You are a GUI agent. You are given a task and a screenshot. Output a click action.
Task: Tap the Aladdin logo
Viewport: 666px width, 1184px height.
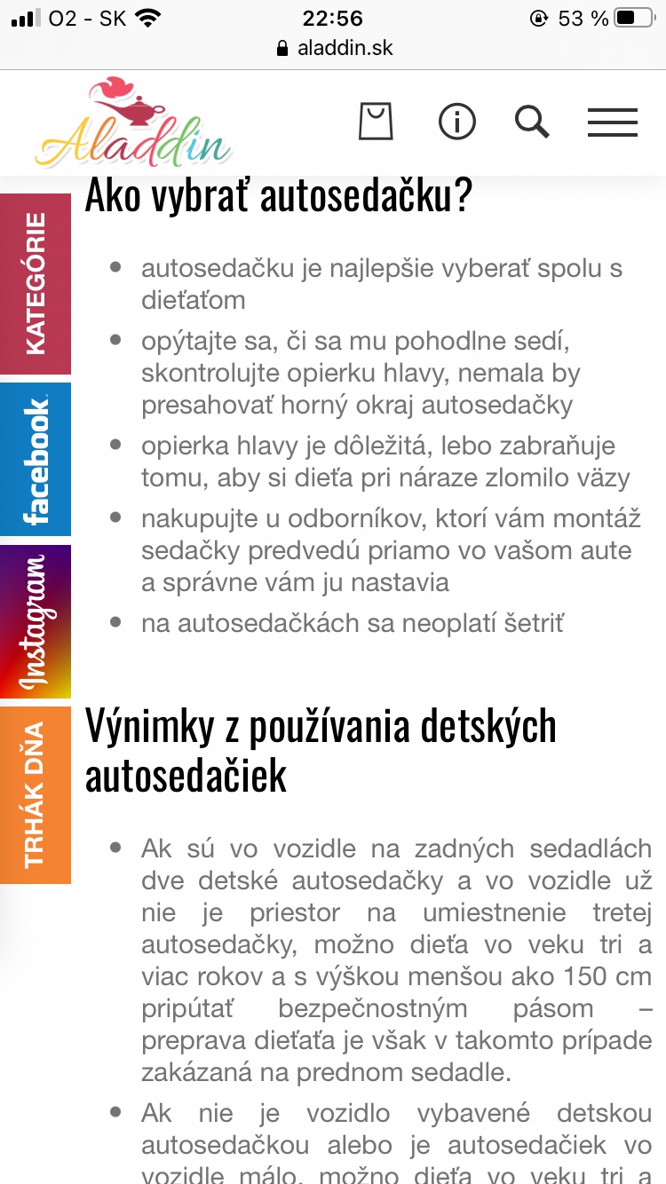(x=133, y=124)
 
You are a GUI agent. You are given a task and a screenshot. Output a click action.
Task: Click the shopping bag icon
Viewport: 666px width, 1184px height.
(x=376, y=122)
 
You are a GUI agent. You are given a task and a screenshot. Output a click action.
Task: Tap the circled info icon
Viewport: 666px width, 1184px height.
(x=457, y=122)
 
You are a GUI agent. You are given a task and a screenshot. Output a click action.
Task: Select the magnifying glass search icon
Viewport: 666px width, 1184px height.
(x=532, y=122)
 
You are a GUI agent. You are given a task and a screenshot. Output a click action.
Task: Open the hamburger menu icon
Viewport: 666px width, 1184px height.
(x=613, y=122)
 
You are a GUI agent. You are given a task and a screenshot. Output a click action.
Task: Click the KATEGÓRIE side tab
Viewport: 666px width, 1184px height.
(x=36, y=284)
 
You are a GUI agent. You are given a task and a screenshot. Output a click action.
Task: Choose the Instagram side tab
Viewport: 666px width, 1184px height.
(x=36, y=621)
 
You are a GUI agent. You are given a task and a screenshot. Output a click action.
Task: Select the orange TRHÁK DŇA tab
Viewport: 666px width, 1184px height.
(x=36, y=794)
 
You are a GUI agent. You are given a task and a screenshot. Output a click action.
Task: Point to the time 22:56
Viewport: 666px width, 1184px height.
(x=333, y=18)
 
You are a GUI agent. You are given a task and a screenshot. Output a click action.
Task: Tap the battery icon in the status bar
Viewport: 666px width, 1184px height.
(x=636, y=18)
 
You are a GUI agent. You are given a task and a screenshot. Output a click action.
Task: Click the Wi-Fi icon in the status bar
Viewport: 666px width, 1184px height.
(x=149, y=18)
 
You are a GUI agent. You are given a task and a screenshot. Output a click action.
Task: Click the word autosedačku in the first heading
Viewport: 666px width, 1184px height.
(x=364, y=197)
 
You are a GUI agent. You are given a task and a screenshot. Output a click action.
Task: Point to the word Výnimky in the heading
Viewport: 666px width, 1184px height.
(x=151, y=727)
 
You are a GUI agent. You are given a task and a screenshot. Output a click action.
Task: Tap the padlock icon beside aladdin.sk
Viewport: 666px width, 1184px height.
(x=283, y=48)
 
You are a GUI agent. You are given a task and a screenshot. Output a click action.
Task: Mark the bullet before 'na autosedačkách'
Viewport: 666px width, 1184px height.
(x=115, y=622)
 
